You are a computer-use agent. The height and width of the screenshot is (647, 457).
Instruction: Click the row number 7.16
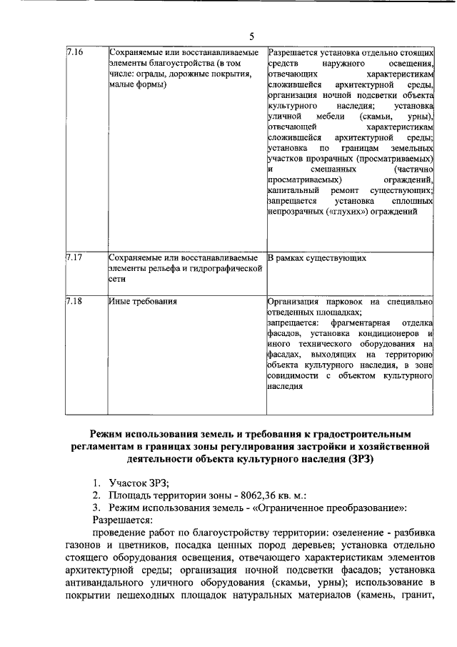tap(74, 54)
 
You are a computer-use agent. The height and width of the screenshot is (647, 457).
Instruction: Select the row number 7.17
tap(74, 257)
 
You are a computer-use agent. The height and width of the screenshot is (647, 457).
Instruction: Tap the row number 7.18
tap(74, 302)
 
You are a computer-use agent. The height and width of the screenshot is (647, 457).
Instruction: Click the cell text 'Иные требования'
tap(144, 302)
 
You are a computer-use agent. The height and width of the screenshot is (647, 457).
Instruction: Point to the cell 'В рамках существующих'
tap(317, 257)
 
